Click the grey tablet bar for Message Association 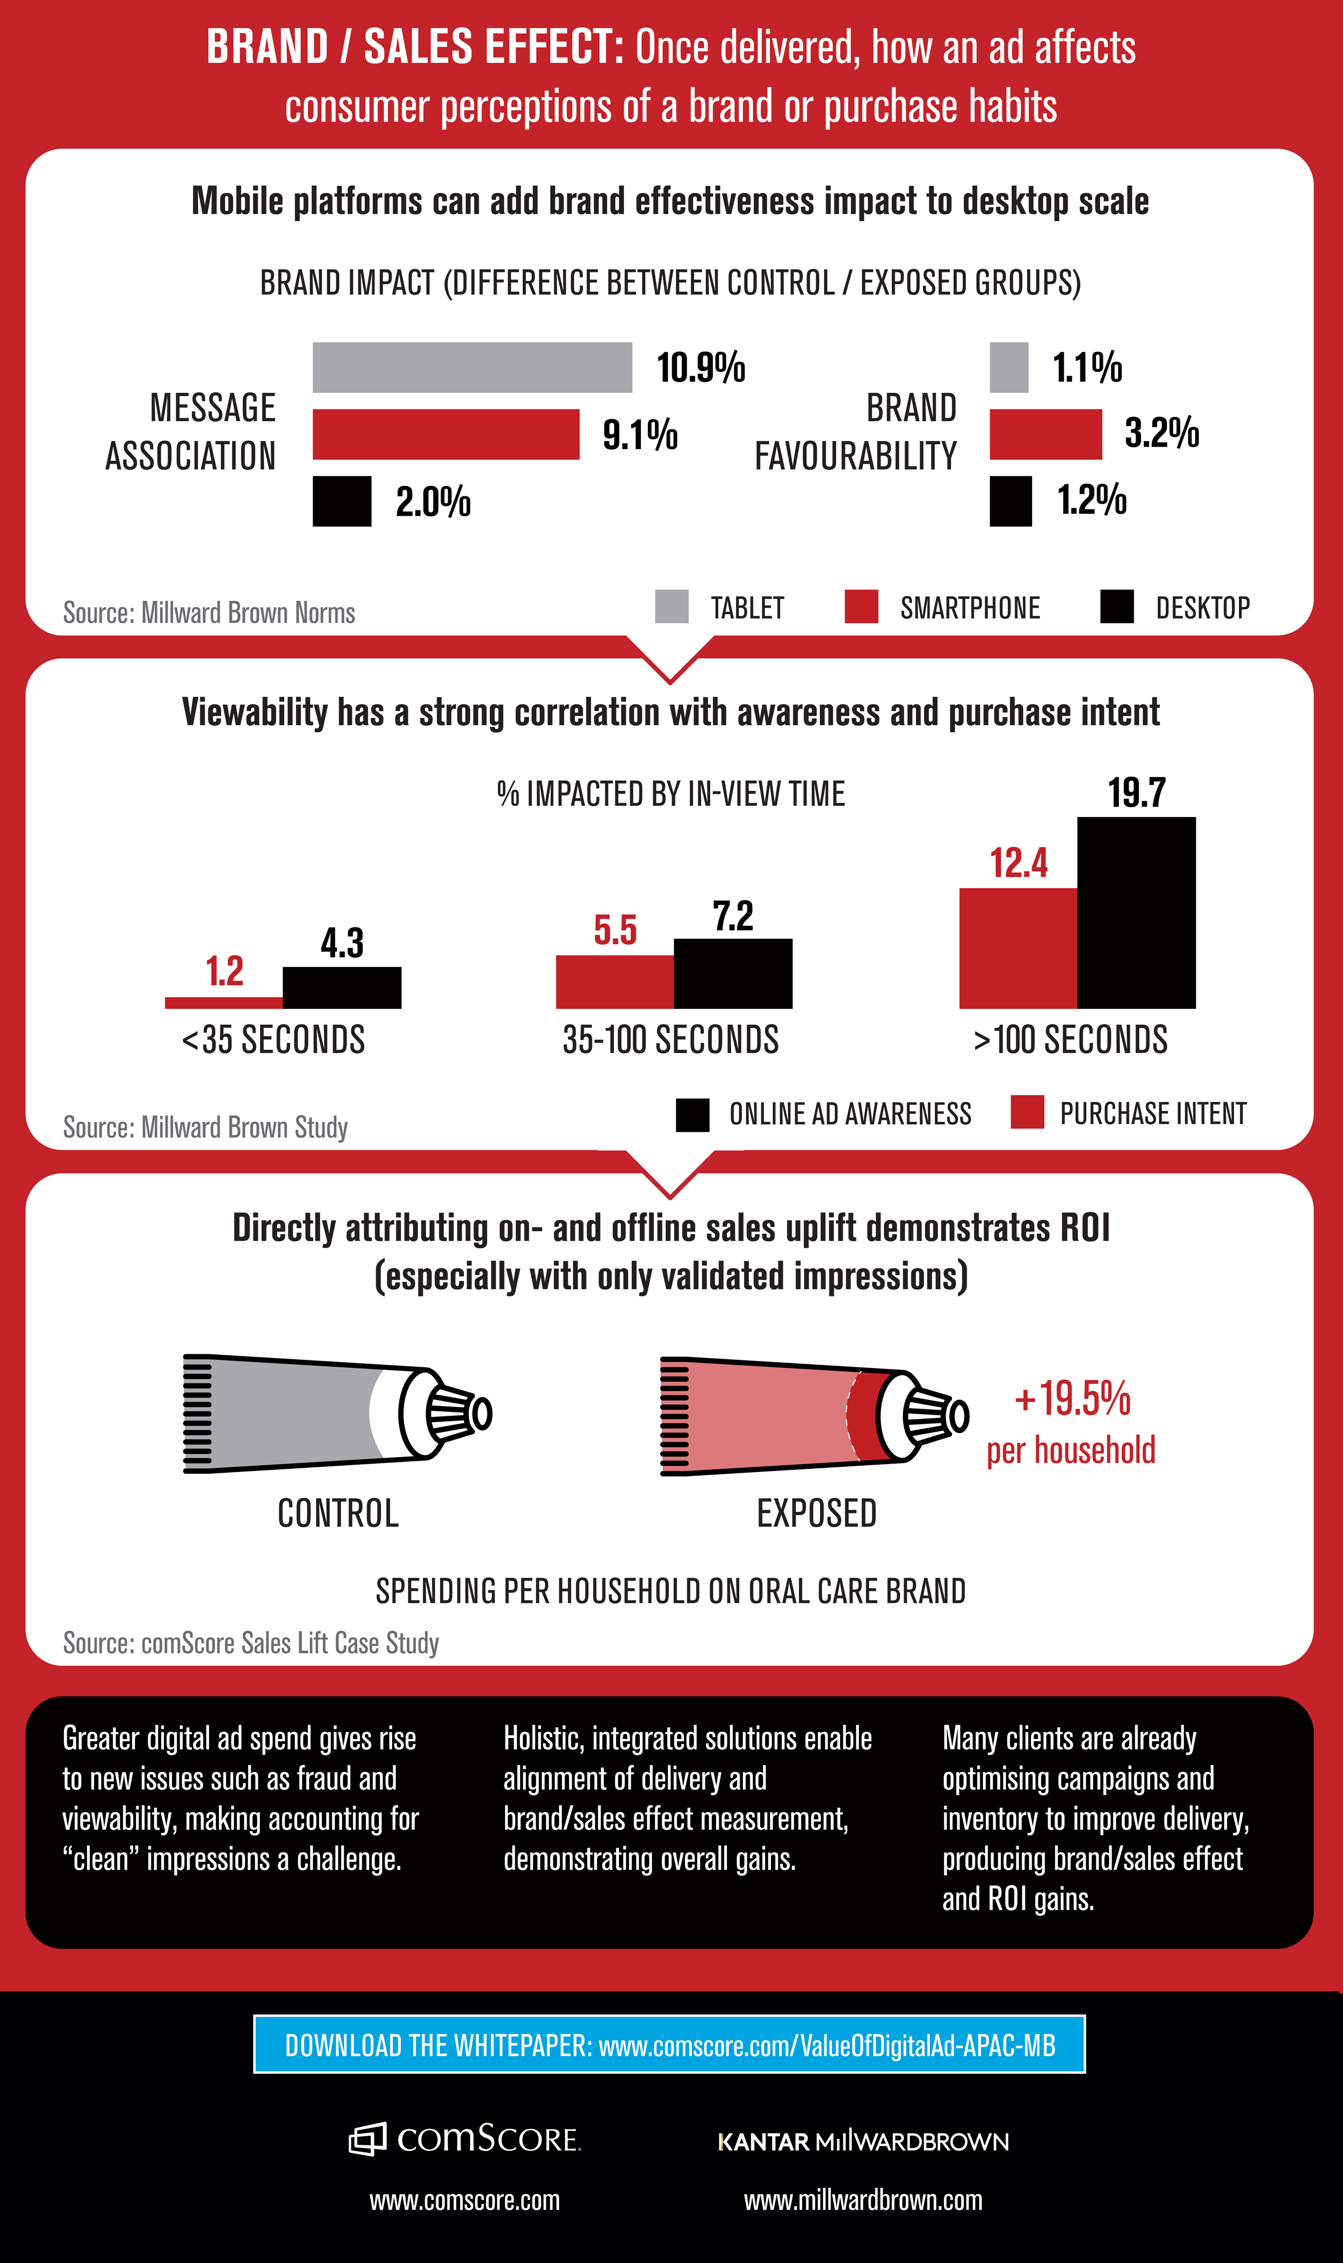click(x=472, y=367)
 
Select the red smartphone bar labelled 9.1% click(x=445, y=434)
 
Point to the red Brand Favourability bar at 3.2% click(x=1045, y=434)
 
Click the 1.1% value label click(x=1087, y=367)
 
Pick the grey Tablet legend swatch click(x=671, y=606)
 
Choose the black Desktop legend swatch click(x=1117, y=606)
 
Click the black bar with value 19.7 click(x=1136, y=912)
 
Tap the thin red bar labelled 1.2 click(x=223, y=1003)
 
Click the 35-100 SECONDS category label click(x=670, y=1040)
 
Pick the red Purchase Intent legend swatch click(x=1027, y=1112)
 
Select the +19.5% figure click(x=1072, y=1399)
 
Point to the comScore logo click(x=464, y=2139)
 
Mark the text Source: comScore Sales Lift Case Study click(x=251, y=1642)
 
